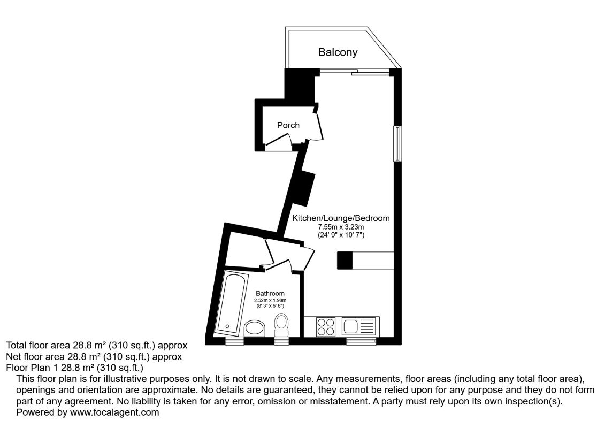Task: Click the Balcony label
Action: click(x=338, y=52)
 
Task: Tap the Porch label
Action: click(x=288, y=125)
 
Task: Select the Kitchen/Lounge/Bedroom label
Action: click(x=340, y=218)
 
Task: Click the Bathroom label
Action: click(x=270, y=294)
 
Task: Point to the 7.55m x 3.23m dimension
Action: click(x=340, y=227)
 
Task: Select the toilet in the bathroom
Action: click(x=281, y=323)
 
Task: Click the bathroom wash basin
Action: click(x=254, y=328)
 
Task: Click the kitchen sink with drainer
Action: click(x=359, y=326)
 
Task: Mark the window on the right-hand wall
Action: click(x=397, y=143)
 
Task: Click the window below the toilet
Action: click(x=281, y=341)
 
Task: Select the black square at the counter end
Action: click(x=345, y=260)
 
